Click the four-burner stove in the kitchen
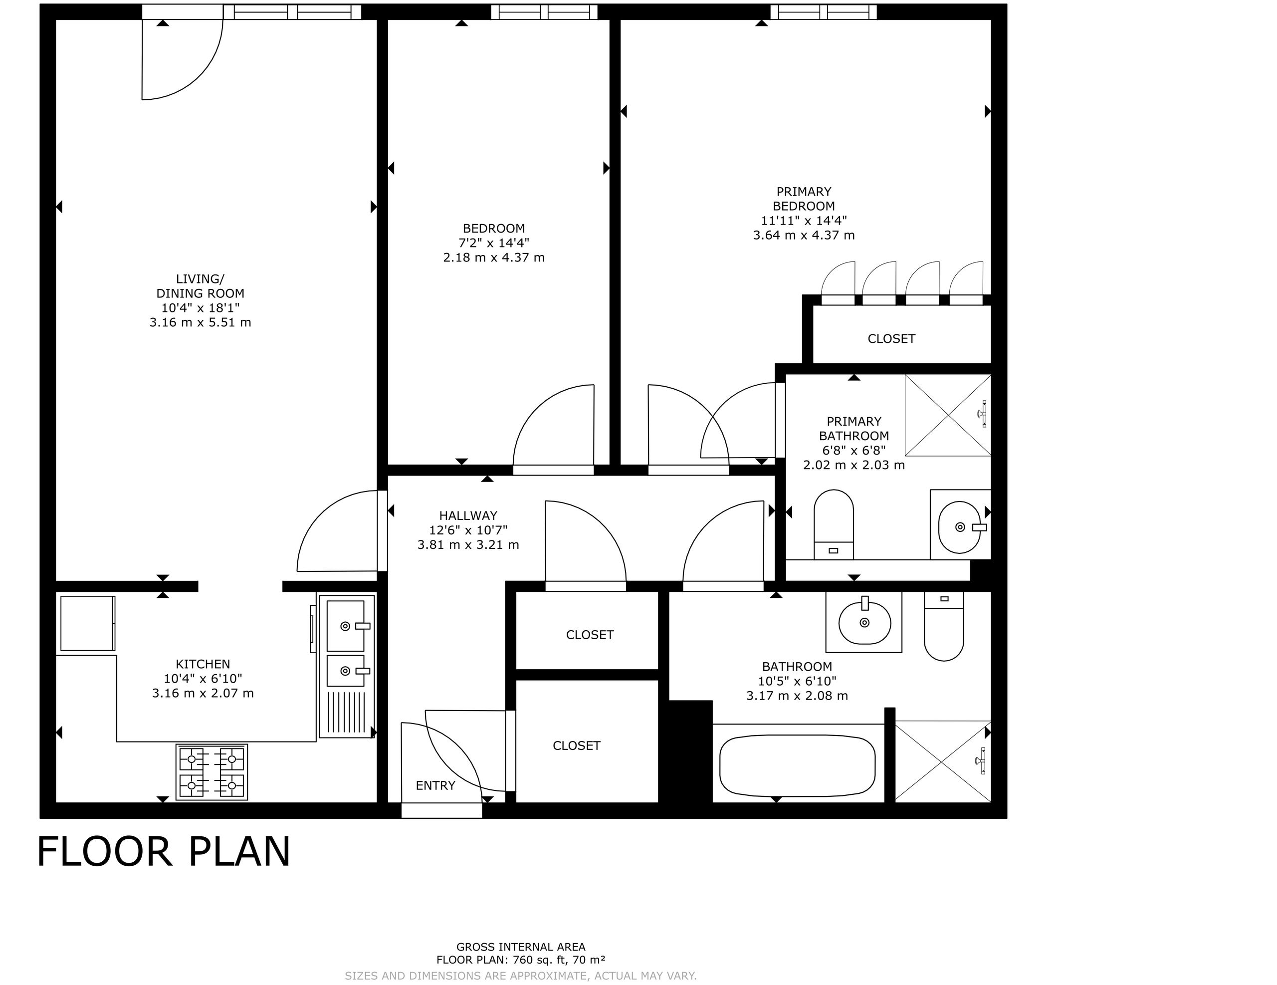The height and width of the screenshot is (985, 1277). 212,771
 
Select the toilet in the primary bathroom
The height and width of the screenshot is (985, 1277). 834,524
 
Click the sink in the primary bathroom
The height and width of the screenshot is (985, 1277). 960,526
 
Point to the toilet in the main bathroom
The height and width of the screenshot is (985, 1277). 944,626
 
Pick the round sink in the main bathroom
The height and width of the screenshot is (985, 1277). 865,622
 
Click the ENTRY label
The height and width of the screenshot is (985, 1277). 435,785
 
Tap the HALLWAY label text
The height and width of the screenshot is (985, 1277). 468,515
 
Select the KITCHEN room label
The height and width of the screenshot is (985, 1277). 203,664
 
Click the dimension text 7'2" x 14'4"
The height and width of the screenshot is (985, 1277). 494,243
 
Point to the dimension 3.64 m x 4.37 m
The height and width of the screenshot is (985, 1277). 804,235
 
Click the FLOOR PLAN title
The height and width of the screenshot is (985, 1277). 164,852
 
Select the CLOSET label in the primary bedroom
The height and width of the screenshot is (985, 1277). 892,339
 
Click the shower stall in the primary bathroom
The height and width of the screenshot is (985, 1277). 948,415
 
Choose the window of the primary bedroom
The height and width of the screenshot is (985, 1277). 823,11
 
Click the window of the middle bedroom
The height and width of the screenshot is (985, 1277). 544,11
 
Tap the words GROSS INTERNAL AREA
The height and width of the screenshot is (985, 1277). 521,947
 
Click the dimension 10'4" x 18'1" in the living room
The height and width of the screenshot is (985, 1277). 201,308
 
